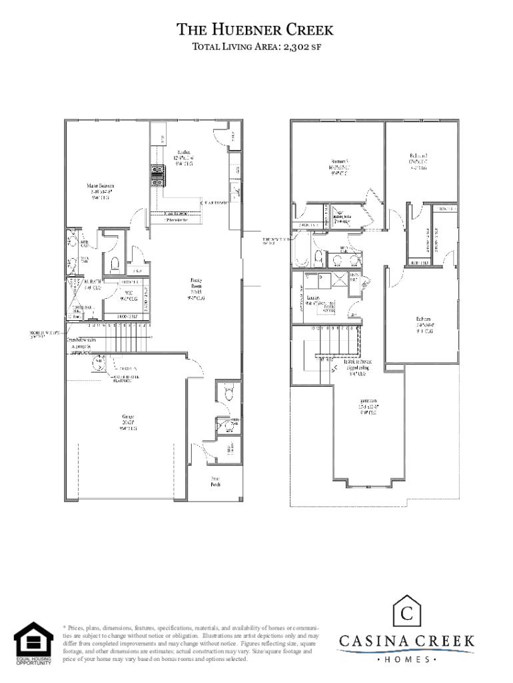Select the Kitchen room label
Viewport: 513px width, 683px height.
coord(184,155)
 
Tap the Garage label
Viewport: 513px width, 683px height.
coord(129,423)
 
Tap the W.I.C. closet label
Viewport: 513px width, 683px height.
coord(124,296)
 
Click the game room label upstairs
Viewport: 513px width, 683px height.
coord(368,405)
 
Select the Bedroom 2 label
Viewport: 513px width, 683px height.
coord(419,160)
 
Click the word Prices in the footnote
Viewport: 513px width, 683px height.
coord(77,628)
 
